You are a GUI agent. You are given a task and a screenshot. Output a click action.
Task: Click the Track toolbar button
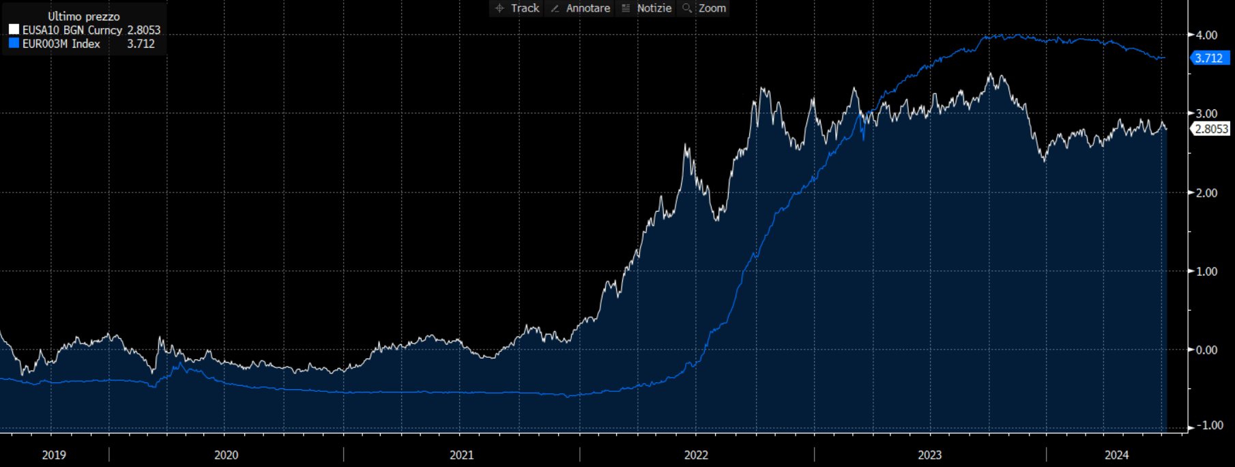coord(518,8)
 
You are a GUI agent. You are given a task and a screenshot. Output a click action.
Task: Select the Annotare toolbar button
coord(581,8)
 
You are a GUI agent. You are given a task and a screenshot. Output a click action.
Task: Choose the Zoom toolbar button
coord(706,8)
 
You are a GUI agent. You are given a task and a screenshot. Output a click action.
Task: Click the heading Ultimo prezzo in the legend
coord(84,16)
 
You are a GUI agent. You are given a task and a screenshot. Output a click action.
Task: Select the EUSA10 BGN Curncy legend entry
coord(72,30)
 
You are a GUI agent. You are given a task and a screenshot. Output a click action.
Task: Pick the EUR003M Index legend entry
coord(61,44)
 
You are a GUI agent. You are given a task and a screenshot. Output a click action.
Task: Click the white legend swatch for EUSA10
coord(14,30)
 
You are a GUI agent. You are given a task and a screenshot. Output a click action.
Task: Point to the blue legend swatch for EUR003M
coord(14,44)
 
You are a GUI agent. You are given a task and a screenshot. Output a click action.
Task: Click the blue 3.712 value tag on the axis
coord(1209,58)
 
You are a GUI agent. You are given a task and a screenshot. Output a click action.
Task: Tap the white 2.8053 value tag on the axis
coord(1211,128)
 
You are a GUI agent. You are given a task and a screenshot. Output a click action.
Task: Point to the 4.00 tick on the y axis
coord(1206,35)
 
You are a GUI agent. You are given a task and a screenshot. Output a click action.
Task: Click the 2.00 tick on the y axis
coord(1206,193)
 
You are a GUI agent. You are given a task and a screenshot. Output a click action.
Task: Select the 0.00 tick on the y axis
coord(1206,350)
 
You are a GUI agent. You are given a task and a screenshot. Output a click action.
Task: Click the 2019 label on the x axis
coord(54,455)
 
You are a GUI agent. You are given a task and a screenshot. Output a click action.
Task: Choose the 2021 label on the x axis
coord(461,455)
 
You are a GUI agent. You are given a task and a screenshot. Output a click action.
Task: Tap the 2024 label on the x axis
coord(1117,455)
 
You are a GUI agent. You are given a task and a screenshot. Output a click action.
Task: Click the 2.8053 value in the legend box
coord(143,30)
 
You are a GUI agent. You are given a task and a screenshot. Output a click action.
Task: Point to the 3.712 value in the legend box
coord(141,44)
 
